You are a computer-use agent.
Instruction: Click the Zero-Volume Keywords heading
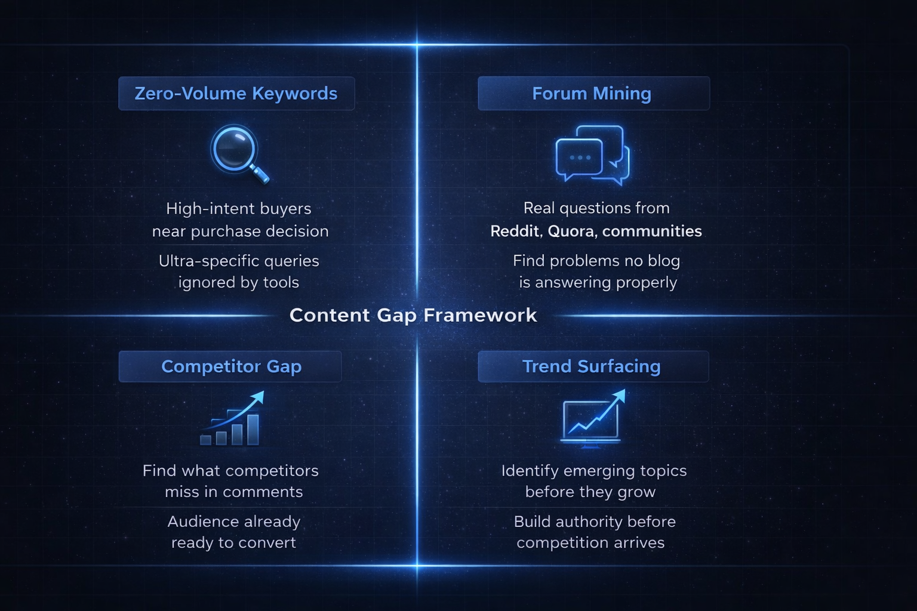coord(236,94)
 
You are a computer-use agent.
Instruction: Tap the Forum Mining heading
coord(592,94)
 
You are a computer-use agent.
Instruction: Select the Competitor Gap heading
coord(231,366)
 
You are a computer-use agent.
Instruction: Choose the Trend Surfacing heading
coord(592,366)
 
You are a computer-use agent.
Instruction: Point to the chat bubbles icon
coord(592,155)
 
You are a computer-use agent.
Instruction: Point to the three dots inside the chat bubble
coord(580,158)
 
